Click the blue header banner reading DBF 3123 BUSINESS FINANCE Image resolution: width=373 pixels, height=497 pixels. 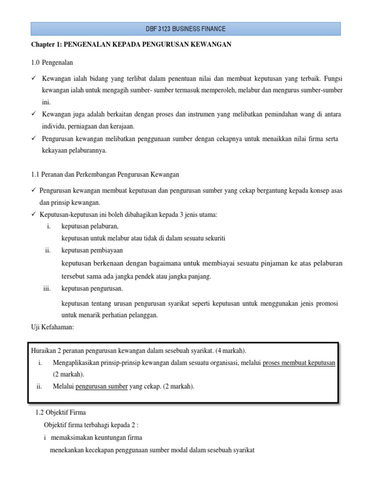click(x=186, y=29)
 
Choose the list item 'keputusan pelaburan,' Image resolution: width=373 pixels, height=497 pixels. click(x=90, y=226)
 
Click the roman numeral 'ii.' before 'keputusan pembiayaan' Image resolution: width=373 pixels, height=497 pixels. click(x=48, y=250)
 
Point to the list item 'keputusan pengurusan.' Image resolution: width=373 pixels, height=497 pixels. click(x=92, y=288)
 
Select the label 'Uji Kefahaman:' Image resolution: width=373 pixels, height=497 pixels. click(x=52, y=328)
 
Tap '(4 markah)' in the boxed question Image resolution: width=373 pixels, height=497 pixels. click(x=227, y=351)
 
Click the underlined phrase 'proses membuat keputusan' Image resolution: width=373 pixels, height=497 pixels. click(x=299, y=363)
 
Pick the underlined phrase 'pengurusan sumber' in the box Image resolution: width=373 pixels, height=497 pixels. click(x=102, y=386)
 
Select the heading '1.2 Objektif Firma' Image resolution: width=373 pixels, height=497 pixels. click(x=61, y=413)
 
